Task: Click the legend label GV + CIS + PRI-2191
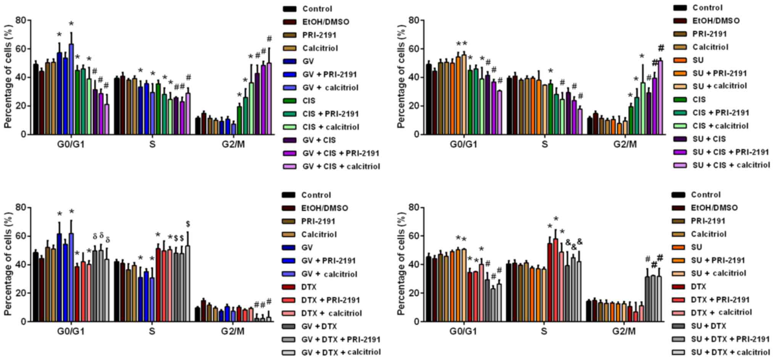[x=341, y=153]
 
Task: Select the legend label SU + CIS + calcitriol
[x=731, y=165]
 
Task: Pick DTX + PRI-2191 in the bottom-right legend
[x=720, y=300]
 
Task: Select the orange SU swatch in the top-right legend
[x=680, y=60]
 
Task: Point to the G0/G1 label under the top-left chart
[x=71, y=145]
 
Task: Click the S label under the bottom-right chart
[x=544, y=331]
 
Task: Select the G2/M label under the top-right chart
[x=625, y=145]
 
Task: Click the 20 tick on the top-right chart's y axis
[x=414, y=106]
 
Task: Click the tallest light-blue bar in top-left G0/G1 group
[x=71, y=89]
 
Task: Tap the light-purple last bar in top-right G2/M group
[x=660, y=97]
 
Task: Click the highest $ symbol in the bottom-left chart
[x=188, y=224]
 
